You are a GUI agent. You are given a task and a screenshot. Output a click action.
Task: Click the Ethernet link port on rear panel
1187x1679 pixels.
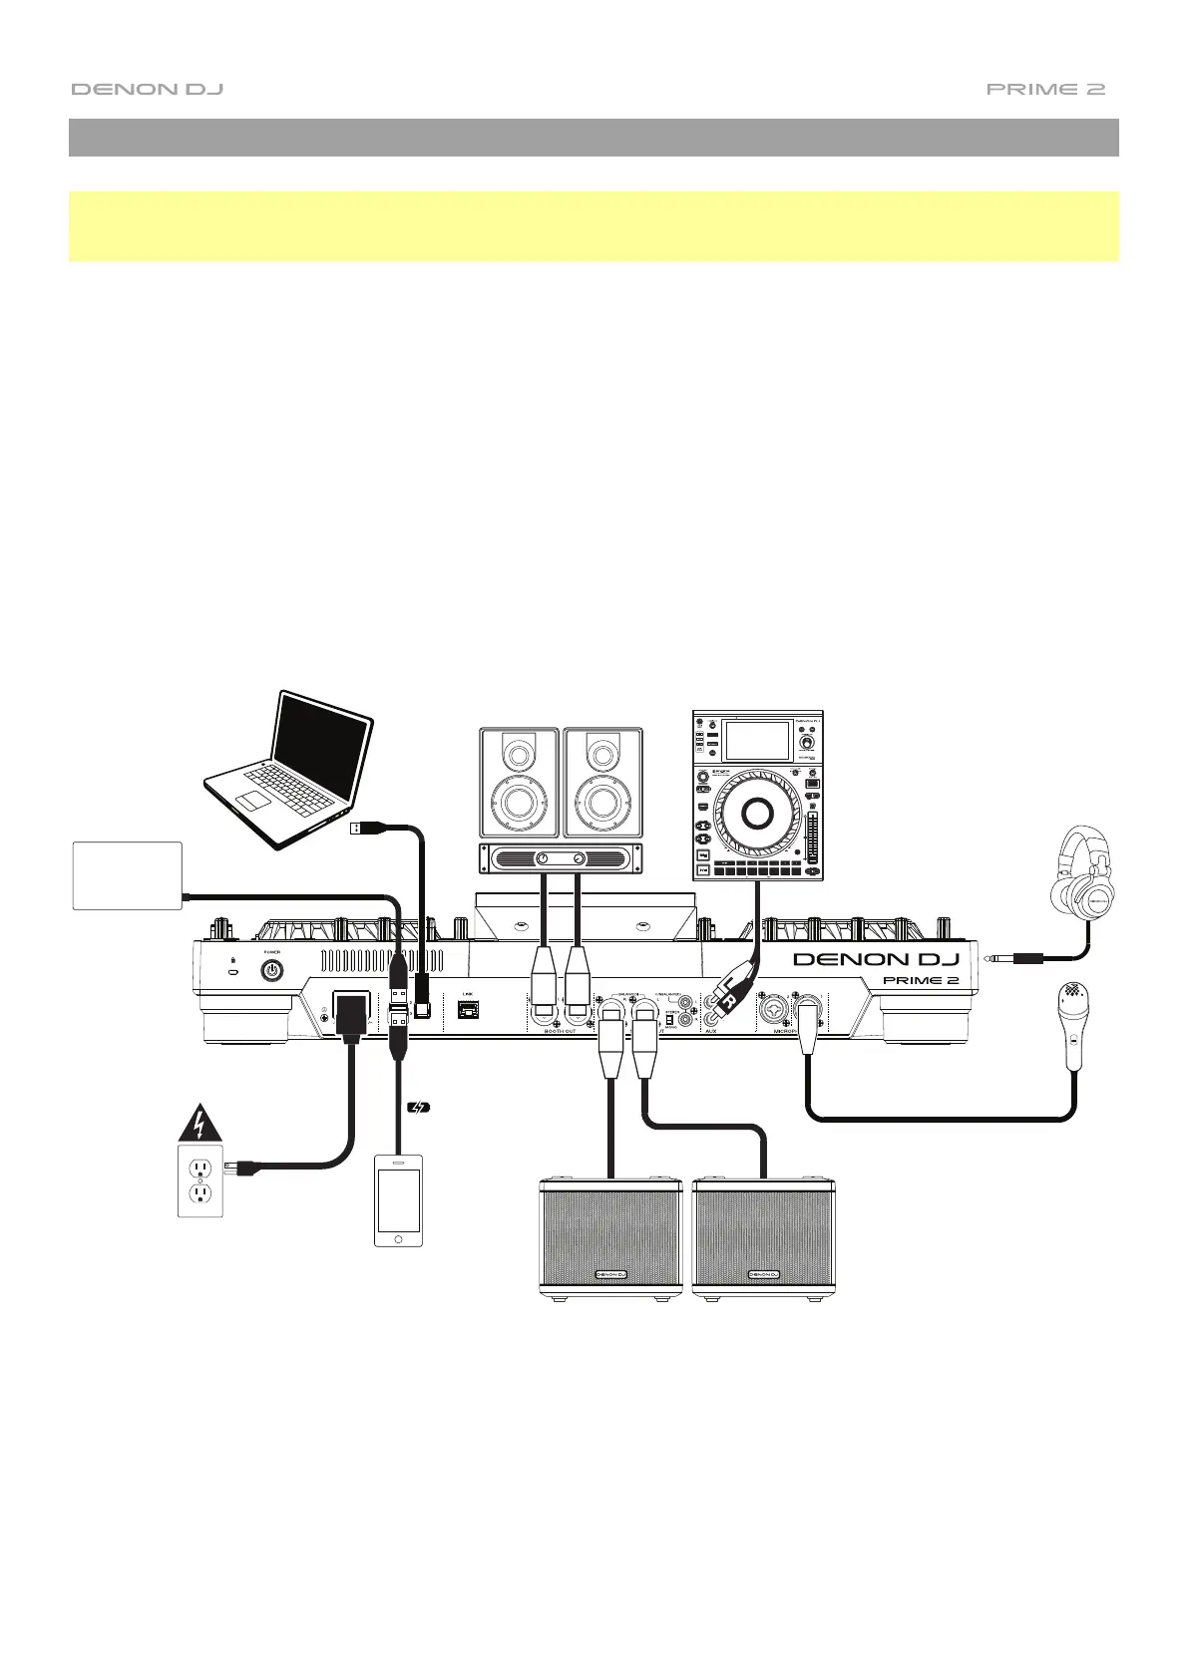pyautogui.click(x=466, y=1009)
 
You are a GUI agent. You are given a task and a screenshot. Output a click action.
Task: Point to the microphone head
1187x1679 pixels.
pyautogui.click(x=1074, y=999)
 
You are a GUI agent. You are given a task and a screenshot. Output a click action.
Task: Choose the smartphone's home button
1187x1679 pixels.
pyautogui.click(x=398, y=1237)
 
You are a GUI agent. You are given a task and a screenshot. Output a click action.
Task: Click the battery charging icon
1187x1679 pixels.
pyautogui.click(x=420, y=1106)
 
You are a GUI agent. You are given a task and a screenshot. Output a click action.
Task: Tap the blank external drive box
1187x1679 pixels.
pyautogui.click(x=128, y=874)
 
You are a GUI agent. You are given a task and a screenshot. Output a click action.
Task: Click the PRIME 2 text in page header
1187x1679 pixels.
pyautogui.click(x=1045, y=89)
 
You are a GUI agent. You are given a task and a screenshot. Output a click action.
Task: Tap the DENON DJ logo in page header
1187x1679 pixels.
pyautogui.click(x=147, y=89)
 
